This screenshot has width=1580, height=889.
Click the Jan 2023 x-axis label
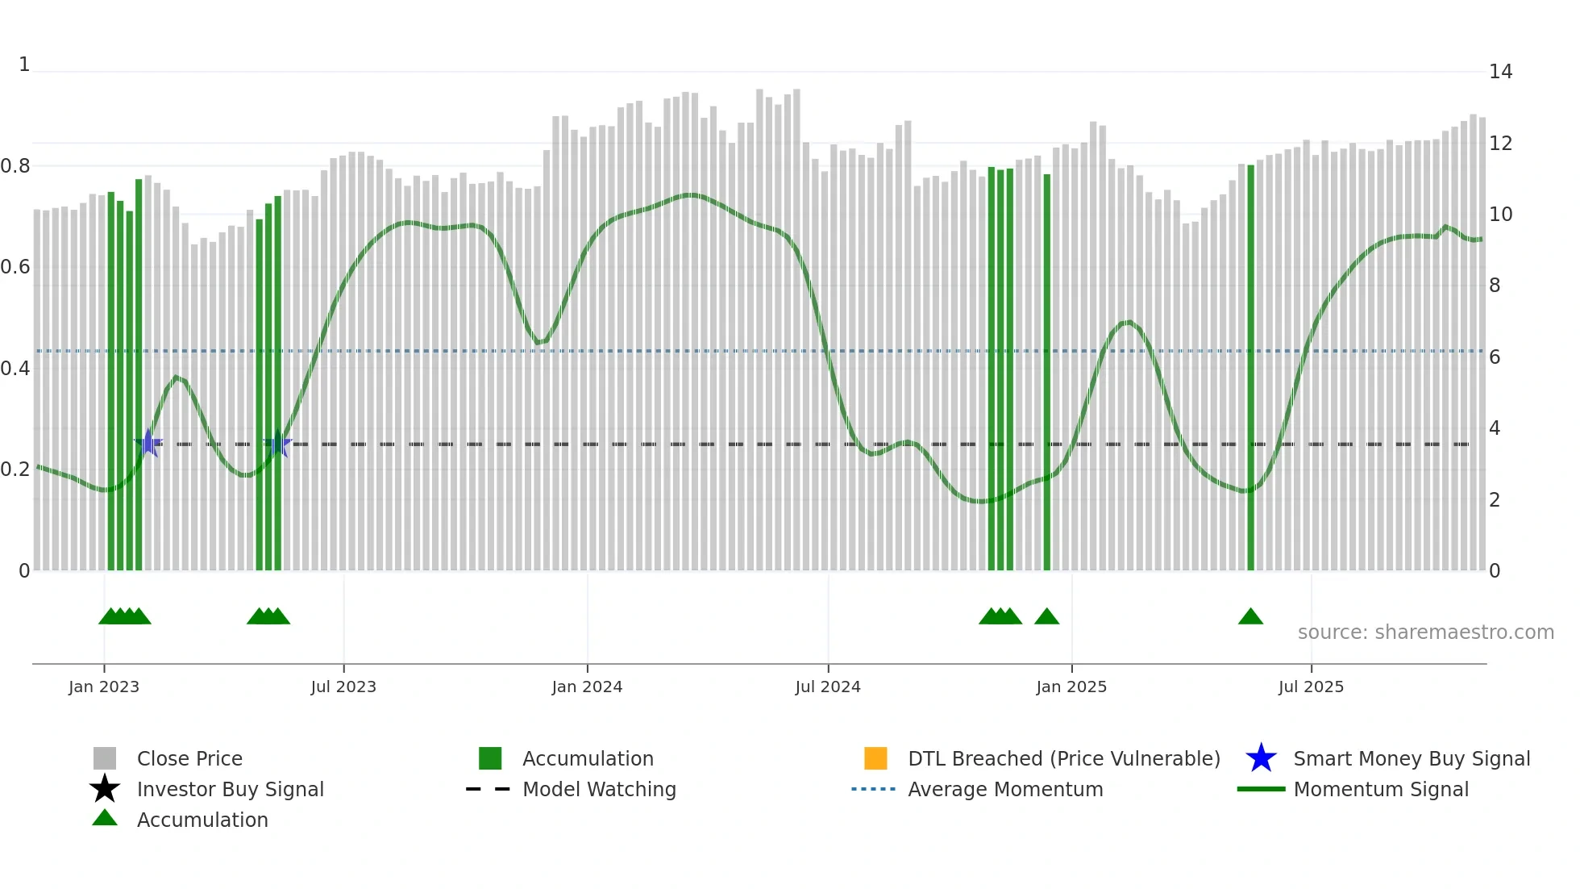click(104, 687)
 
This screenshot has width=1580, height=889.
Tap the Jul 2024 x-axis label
click(828, 687)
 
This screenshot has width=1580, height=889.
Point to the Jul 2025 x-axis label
click(1311, 687)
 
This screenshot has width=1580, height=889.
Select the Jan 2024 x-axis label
click(587, 687)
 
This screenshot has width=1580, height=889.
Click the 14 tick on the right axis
click(1500, 72)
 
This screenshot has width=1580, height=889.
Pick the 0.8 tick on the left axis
click(15, 166)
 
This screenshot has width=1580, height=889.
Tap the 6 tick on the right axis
click(1495, 357)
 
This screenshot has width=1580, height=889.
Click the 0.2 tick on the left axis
click(15, 470)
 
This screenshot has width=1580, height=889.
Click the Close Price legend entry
click(189, 758)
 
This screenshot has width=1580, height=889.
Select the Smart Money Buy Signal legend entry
click(1412, 758)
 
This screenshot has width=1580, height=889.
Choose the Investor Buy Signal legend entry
click(230, 789)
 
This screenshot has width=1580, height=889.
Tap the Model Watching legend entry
click(599, 789)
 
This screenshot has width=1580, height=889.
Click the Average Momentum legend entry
click(1005, 789)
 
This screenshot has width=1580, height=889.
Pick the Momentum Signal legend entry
click(1381, 789)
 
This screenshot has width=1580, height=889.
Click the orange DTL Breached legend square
click(875, 758)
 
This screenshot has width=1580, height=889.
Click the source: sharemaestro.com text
click(1425, 632)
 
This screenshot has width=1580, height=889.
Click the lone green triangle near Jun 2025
click(1250, 617)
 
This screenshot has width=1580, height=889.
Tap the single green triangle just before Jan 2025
click(1046, 617)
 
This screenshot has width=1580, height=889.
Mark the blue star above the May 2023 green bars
click(278, 444)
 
